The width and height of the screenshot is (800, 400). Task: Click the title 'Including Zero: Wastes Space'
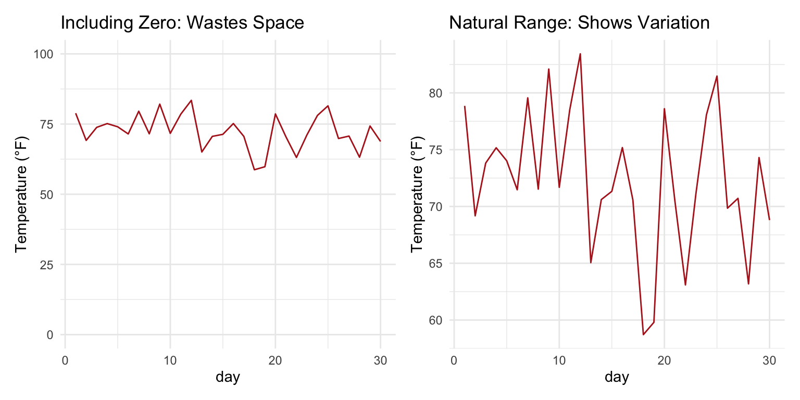(x=182, y=23)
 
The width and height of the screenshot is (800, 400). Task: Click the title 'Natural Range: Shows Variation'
(x=579, y=23)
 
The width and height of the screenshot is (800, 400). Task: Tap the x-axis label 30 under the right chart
(x=769, y=360)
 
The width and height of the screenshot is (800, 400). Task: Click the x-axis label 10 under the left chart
(x=170, y=360)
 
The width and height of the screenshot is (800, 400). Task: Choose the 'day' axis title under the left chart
(x=228, y=377)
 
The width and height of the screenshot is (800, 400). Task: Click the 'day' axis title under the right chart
(x=617, y=377)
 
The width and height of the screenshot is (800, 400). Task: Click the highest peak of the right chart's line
(x=580, y=54)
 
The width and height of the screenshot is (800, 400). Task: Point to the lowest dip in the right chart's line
(x=643, y=334)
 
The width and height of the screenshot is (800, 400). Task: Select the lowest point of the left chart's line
(x=254, y=170)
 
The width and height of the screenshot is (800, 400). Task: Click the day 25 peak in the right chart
(x=717, y=76)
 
